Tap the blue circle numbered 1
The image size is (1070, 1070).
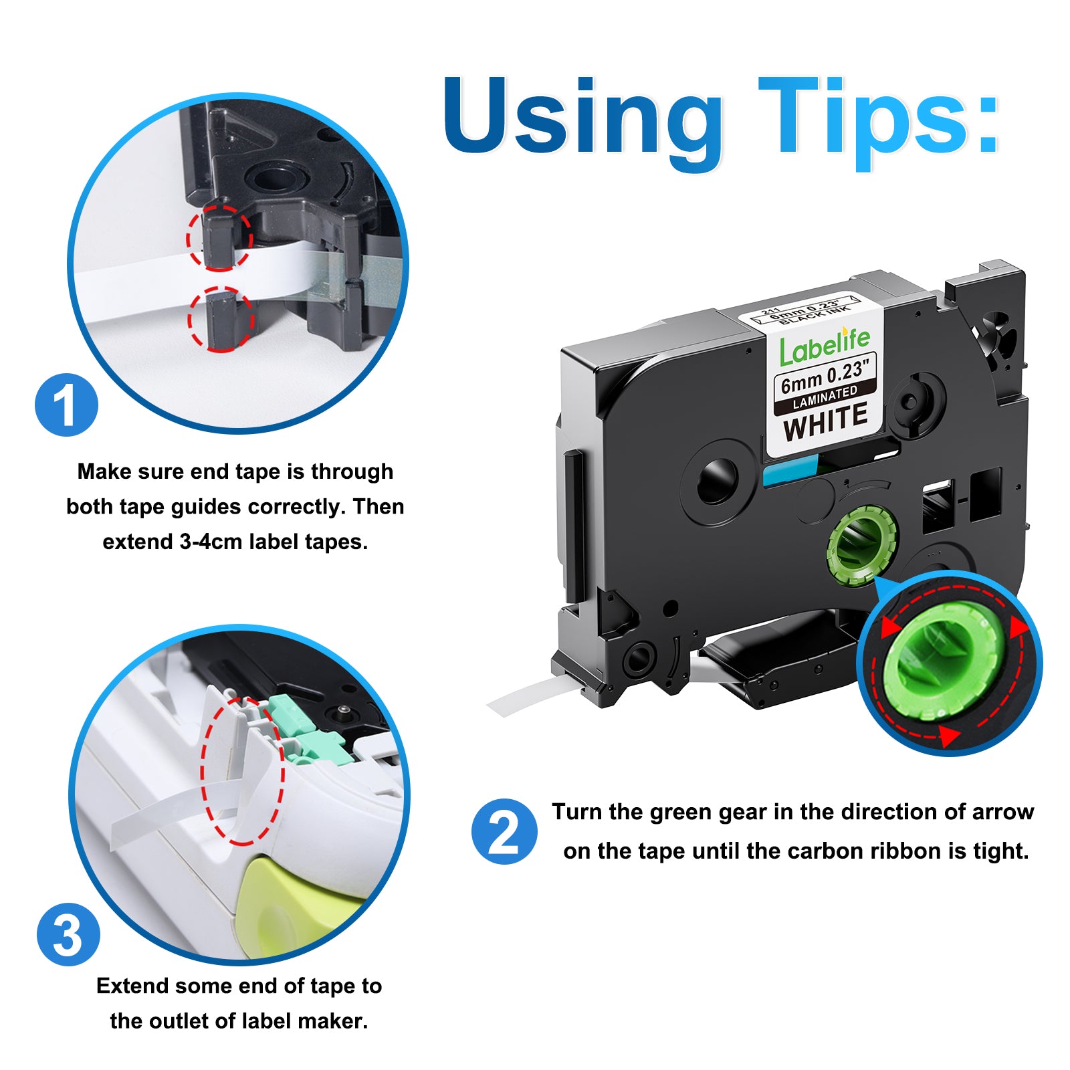[66, 405]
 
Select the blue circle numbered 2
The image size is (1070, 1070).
[504, 831]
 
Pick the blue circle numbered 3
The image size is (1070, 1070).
[68, 934]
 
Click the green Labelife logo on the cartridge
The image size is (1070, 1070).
[825, 346]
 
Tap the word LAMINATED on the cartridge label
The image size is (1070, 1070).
[825, 398]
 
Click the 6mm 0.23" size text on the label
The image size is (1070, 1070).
[825, 377]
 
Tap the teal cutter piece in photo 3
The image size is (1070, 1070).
[308, 732]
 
